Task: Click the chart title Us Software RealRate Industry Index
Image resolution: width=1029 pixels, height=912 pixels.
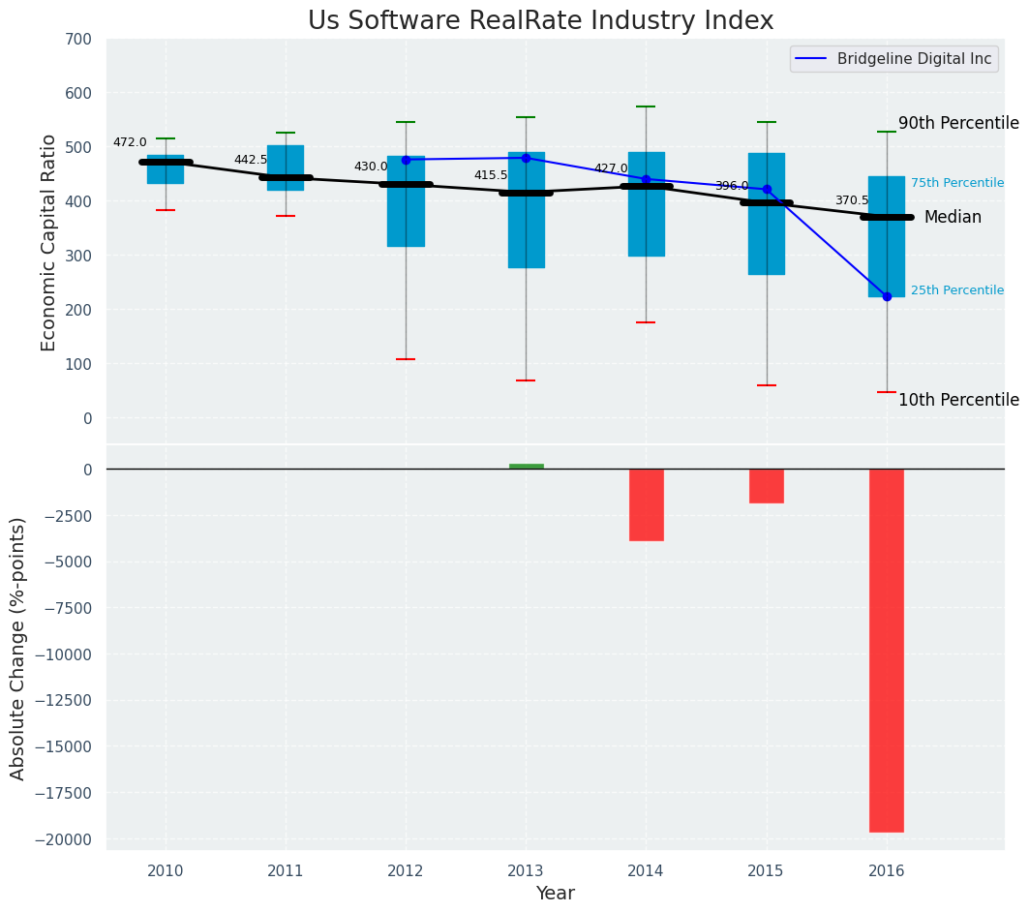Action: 540,21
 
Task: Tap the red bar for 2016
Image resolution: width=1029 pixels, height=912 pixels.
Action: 886,650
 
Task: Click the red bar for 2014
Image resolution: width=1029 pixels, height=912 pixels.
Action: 646,504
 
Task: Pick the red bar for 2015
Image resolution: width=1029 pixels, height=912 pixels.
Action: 766,486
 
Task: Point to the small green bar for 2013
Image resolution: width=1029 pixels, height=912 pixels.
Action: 526,466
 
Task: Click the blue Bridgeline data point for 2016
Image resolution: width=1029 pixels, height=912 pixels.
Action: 887,296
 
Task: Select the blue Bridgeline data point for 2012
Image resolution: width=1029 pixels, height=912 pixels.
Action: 406,160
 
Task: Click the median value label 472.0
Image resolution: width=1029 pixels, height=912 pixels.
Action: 130,142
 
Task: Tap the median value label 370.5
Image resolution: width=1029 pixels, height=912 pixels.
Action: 852,200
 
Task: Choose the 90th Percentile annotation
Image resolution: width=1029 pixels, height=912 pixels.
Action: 958,123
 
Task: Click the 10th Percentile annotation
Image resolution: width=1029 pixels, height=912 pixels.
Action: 958,400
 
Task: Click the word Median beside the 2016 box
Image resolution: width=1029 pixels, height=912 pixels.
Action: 953,218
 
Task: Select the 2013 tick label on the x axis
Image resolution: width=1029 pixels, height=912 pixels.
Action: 526,870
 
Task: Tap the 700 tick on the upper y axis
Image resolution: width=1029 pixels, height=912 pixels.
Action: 78,40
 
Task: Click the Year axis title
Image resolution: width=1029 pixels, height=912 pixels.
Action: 555,894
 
